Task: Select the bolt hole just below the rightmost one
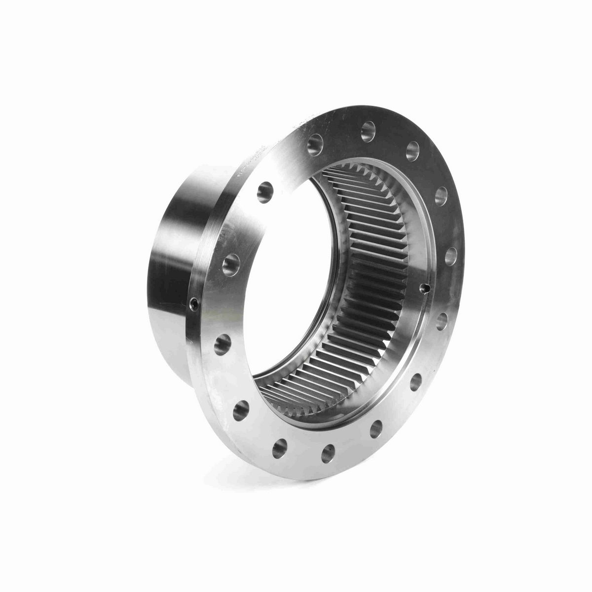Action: (x=442, y=321)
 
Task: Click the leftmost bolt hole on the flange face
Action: (x=222, y=344)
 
